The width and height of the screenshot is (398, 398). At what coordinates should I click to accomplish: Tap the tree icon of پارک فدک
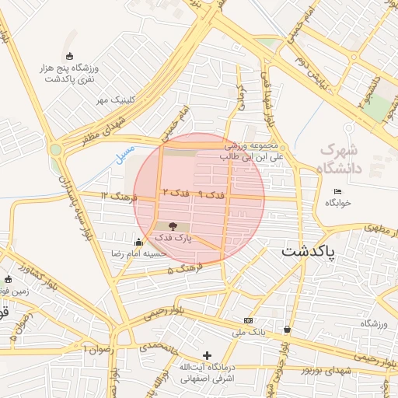[x=172, y=225]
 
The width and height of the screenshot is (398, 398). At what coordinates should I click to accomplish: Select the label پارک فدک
[x=172, y=237]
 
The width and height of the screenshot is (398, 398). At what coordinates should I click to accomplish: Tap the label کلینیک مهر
[x=116, y=100]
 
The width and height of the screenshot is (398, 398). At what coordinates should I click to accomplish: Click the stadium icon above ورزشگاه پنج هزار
[x=71, y=56]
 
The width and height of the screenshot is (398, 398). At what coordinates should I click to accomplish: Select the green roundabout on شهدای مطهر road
[x=55, y=150]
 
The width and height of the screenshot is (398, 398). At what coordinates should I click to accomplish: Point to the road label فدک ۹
[x=211, y=194]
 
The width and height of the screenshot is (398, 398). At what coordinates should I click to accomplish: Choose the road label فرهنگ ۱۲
[x=118, y=196]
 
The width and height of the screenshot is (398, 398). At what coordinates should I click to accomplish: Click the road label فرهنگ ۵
[x=185, y=270]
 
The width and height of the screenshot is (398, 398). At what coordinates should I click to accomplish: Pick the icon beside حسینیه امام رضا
[x=138, y=242]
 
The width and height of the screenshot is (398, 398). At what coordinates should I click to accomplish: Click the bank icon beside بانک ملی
[x=248, y=320]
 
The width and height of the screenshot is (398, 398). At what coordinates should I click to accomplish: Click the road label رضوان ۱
[x=102, y=350]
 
